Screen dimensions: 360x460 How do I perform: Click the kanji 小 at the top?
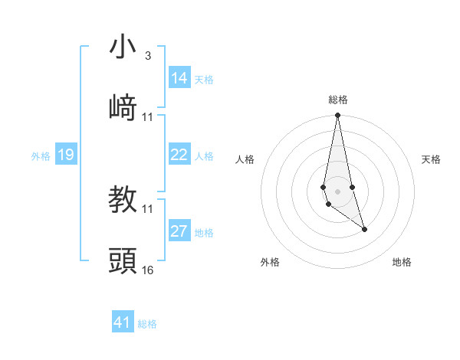[123, 47]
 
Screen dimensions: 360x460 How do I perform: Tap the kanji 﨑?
[123, 108]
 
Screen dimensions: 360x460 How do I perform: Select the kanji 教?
[123, 200]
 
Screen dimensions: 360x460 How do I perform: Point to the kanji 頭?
[123, 261]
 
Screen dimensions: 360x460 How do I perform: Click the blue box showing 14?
[179, 78]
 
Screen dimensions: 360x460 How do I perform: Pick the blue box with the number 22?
[179, 155]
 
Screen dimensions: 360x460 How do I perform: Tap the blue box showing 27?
[179, 231]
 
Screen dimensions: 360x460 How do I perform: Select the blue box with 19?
[66, 155]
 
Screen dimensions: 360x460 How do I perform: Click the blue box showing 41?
[123, 322]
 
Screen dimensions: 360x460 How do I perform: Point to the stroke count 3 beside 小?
[147, 56]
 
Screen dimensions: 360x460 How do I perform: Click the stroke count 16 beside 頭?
[147, 270]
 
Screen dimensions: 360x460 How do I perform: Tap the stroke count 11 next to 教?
[147, 208]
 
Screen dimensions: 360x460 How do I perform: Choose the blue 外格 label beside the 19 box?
[41, 156]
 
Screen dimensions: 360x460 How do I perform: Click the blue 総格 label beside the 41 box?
[147, 324]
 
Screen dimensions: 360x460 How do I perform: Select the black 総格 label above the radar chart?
[337, 100]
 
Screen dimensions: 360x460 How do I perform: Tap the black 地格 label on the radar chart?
[402, 262]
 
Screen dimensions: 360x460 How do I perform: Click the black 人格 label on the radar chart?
[245, 159]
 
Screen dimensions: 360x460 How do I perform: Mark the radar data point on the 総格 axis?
[337, 116]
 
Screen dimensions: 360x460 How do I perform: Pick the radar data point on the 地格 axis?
[364, 229]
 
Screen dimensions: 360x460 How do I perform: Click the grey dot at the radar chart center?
[337, 191]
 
